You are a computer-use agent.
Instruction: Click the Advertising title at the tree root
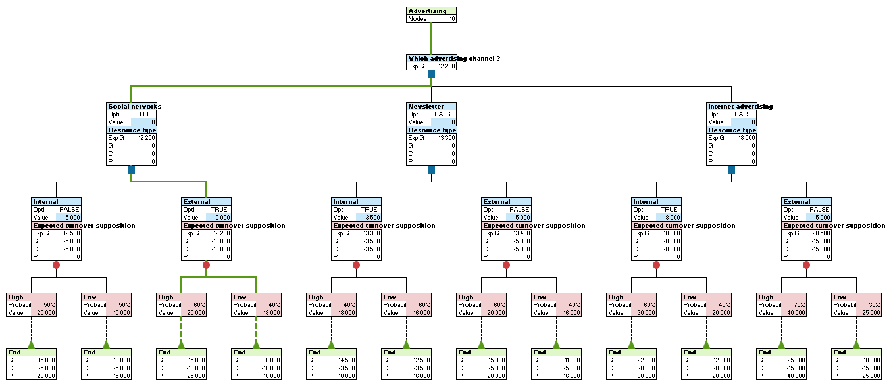pyautogui.click(x=427, y=11)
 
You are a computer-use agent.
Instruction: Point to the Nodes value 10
pyautogui.click(x=451, y=19)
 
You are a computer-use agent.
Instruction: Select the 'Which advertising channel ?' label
pyautogui.click(x=454, y=58)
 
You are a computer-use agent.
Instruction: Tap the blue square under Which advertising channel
pyautogui.click(x=431, y=74)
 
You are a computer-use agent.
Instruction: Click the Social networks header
pyautogui.click(x=134, y=106)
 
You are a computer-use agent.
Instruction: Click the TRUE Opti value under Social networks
pyautogui.click(x=143, y=114)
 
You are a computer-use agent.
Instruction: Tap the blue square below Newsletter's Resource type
pyautogui.click(x=431, y=170)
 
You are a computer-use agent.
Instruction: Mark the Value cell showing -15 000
pyautogui.click(x=818, y=218)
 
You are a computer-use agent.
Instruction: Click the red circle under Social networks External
pyautogui.click(x=206, y=265)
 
